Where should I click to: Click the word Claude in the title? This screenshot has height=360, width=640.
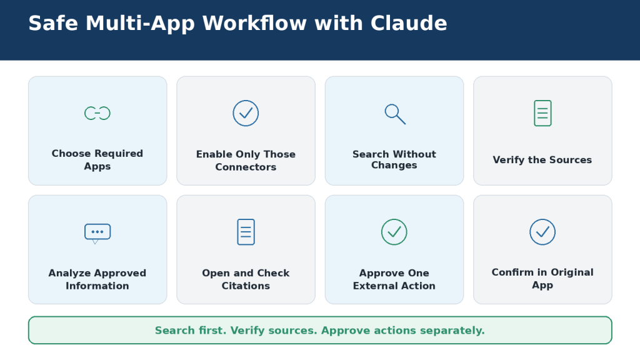409,23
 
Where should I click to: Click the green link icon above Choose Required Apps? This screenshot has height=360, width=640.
97,113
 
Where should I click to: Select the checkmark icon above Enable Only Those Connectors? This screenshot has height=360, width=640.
246,113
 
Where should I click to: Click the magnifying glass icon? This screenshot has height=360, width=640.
395,114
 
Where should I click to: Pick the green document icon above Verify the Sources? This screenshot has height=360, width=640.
542,113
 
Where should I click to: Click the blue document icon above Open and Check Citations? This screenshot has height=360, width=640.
246,232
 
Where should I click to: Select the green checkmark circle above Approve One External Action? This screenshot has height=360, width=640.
394,232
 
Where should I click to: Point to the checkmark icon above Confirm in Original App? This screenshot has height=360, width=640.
542,232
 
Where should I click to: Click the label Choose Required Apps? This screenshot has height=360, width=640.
97,159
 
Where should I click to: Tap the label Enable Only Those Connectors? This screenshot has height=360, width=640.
246,161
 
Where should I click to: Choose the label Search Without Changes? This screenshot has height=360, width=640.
394,159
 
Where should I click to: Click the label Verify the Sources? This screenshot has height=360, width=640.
542,159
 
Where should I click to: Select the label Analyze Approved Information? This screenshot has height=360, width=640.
97,279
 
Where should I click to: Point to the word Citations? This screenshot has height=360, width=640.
246,286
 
